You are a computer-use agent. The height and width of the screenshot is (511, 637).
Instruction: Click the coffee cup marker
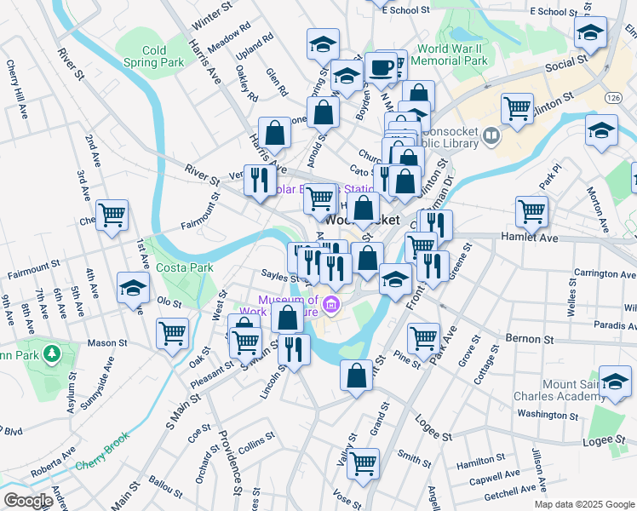381,68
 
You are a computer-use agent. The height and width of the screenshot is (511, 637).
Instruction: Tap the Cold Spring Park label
154,56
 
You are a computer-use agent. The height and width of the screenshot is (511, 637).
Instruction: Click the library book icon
491,135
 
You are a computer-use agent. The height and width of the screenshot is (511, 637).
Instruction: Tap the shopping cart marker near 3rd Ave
112,215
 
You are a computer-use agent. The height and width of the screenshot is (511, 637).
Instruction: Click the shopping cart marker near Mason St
173,333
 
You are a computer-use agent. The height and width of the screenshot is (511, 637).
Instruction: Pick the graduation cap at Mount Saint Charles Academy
615,382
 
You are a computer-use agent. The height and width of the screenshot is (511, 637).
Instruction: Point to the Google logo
27,501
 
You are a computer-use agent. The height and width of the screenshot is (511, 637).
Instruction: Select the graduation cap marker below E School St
589,33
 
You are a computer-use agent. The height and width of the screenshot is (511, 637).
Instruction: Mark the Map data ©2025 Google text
582,503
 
